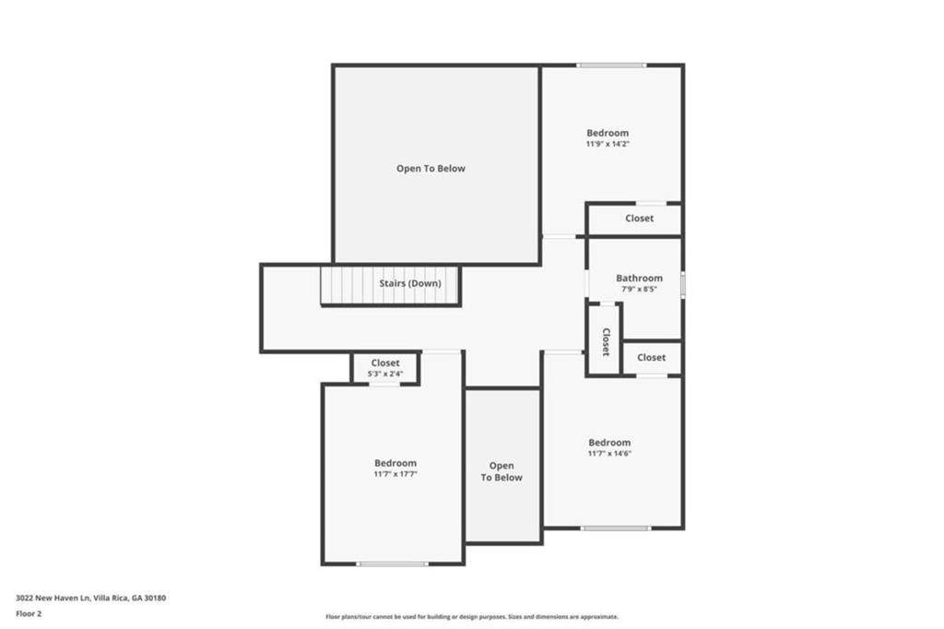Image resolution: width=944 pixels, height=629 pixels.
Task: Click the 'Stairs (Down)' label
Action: (410, 283)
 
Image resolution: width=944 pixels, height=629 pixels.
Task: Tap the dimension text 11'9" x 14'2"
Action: (608, 144)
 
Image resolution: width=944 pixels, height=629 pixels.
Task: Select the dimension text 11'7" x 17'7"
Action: (395, 474)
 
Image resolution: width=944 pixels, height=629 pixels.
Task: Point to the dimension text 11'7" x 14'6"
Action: (609, 454)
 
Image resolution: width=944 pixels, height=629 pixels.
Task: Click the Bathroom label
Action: (639, 278)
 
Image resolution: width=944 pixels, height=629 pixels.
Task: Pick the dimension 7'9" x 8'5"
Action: (639, 290)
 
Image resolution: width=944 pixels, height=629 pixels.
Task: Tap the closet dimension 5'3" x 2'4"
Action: (385, 374)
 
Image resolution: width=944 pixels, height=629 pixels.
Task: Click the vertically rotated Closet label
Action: (606, 341)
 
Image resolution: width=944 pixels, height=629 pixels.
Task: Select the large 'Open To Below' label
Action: (431, 169)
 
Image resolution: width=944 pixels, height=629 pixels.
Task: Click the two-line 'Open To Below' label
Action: (501, 471)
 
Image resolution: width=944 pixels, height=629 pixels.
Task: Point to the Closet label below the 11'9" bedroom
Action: (639, 218)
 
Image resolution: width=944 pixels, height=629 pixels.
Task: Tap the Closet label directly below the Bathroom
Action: (651, 357)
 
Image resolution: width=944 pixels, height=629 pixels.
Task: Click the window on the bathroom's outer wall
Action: (683, 284)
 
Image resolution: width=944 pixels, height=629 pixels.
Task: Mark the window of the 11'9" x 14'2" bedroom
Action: (611, 65)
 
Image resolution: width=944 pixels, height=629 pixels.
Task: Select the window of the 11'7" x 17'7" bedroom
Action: (392, 564)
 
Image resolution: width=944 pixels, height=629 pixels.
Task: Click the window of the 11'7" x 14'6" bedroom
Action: (616, 528)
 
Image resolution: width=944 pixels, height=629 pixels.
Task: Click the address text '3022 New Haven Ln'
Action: (53, 599)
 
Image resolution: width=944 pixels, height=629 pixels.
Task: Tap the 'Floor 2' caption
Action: (29, 614)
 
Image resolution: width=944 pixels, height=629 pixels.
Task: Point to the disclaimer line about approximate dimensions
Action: (472, 616)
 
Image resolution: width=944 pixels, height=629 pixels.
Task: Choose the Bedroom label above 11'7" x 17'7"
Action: (395, 463)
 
